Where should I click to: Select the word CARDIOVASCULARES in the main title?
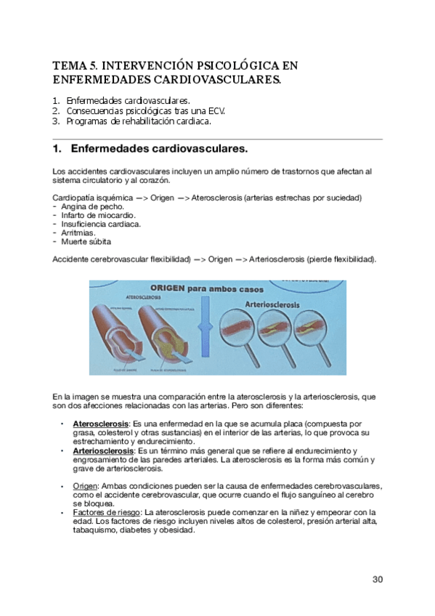coord(220,79)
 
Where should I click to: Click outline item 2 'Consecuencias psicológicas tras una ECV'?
coord(145,110)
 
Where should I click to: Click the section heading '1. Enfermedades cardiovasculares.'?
coord(150,150)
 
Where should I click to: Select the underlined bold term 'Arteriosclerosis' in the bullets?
coord(104,451)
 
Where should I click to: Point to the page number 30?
coord(377,579)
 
